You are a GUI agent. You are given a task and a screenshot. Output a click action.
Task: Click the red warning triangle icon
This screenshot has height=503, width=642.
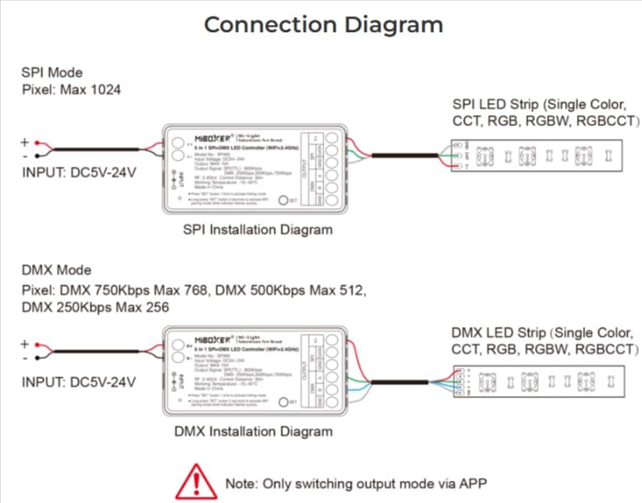195,480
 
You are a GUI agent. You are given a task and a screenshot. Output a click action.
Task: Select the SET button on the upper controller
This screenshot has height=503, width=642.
284,200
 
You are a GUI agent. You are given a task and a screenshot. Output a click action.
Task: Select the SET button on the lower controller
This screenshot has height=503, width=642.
284,401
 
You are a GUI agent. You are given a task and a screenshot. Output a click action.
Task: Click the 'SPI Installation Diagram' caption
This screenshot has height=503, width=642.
257,229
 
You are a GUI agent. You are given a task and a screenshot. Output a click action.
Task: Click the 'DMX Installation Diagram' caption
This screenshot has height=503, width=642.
253,430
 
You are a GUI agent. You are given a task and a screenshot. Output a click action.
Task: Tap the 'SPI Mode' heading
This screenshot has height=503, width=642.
51,73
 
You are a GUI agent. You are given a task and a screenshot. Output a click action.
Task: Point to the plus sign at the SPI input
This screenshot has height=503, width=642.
24,142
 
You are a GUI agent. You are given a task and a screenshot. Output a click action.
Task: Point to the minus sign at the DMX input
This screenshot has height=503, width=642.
24,357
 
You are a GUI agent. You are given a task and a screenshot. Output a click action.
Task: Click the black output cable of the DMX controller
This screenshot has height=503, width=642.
400,382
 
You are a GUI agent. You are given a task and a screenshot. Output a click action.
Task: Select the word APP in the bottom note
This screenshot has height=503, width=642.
471,484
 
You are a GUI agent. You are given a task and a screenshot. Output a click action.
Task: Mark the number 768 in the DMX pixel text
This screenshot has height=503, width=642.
193,291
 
